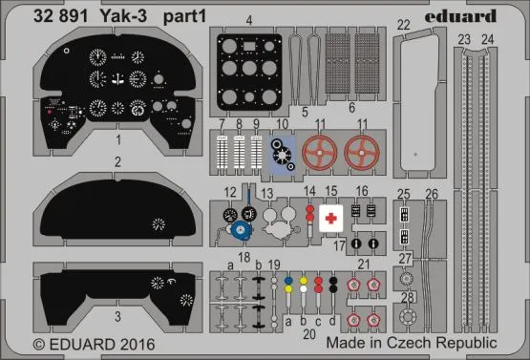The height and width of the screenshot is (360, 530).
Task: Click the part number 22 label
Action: [404, 25]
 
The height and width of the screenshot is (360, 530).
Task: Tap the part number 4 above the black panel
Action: [248, 19]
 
